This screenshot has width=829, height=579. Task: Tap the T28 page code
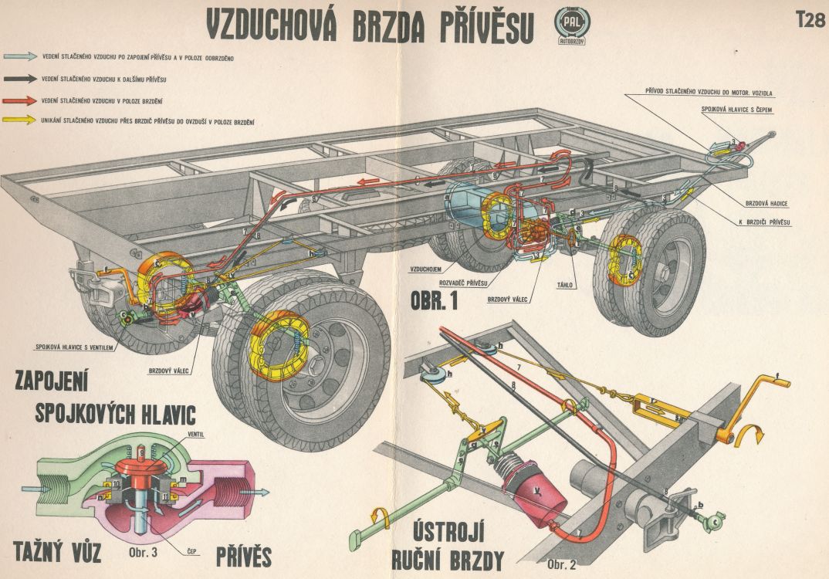click(x=809, y=21)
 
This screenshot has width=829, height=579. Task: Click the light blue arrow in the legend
click(x=20, y=56)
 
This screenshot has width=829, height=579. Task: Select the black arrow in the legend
click(x=20, y=79)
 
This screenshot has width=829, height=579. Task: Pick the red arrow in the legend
click(x=20, y=100)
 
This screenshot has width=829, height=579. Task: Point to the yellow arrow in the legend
click(x=20, y=121)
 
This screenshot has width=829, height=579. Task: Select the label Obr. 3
click(x=145, y=553)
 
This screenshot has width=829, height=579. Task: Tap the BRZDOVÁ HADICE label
click(x=772, y=203)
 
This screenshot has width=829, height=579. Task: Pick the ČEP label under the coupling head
click(x=193, y=550)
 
